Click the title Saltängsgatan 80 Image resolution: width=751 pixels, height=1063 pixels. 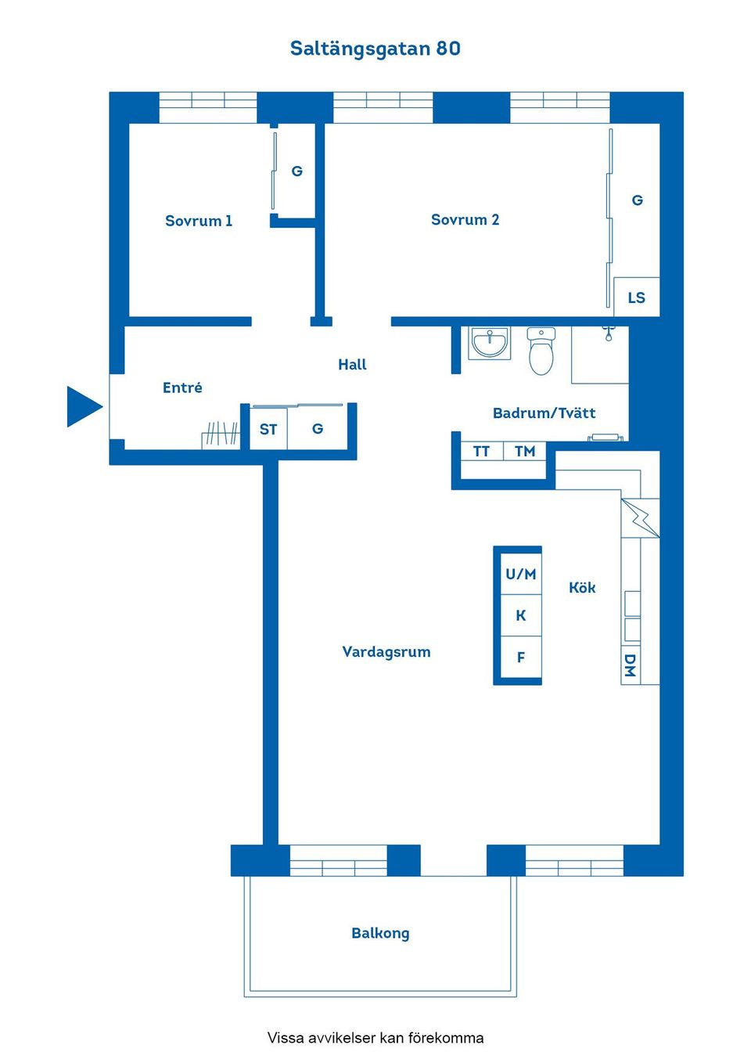pyautogui.click(x=375, y=49)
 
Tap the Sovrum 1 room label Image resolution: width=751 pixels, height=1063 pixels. pyautogui.click(x=199, y=221)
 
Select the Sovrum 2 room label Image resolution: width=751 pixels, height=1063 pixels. pyautogui.click(x=465, y=220)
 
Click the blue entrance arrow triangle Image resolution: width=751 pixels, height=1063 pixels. pyautogui.click(x=82, y=406)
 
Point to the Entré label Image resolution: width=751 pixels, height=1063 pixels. pyautogui.click(x=182, y=387)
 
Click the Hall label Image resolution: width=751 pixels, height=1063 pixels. pyautogui.click(x=352, y=364)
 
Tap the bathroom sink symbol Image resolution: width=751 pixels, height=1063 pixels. pyautogui.click(x=490, y=343)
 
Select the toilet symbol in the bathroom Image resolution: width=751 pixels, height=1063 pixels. pyautogui.click(x=541, y=351)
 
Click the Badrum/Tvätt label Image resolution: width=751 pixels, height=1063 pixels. pyautogui.click(x=544, y=413)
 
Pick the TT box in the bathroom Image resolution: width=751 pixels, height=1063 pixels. pyautogui.click(x=481, y=452)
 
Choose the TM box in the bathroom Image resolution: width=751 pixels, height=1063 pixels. pyautogui.click(x=524, y=452)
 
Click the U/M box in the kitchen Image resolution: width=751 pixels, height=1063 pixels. pyautogui.click(x=520, y=574)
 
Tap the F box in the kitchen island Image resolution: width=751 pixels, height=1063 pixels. pyautogui.click(x=520, y=658)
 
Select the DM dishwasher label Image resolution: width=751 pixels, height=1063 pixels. pyautogui.click(x=630, y=665)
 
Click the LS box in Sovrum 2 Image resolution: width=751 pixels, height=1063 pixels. pyautogui.click(x=636, y=297)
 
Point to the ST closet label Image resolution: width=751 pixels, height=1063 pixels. pyautogui.click(x=268, y=429)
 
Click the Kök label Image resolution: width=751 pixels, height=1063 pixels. pyautogui.click(x=582, y=588)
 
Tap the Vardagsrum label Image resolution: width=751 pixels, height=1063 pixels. pyautogui.click(x=386, y=651)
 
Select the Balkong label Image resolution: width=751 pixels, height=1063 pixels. pyautogui.click(x=380, y=933)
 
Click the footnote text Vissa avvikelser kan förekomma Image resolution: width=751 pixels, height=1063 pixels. pyautogui.click(x=375, y=1038)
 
